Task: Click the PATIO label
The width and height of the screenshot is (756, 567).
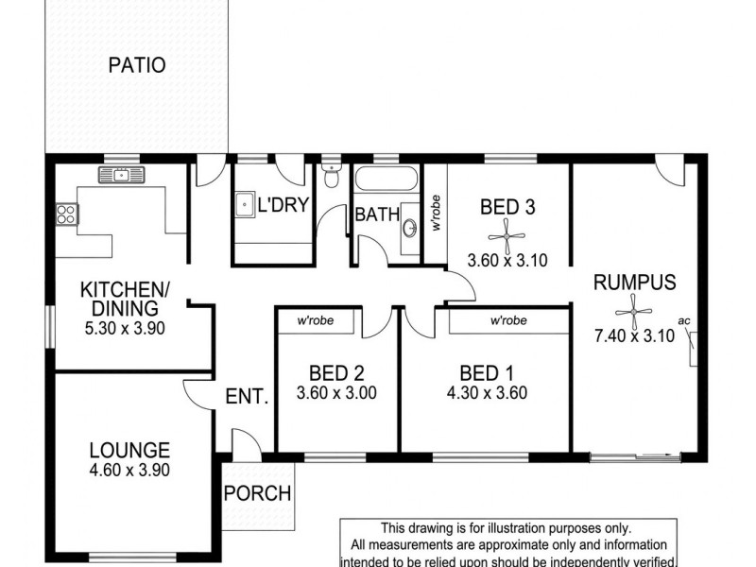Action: click(x=137, y=65)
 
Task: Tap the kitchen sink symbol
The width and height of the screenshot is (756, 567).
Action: click(x=121, y=174)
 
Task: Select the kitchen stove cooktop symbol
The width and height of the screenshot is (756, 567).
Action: click(x=66, y=215)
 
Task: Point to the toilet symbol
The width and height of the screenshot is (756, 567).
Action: click(x=330, y=176)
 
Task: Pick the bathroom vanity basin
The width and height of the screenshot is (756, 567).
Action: click(x=410, y=228)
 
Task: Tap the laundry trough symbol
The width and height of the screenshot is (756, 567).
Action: click(x=244, y=202)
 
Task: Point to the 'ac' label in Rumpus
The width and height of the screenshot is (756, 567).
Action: click(x=685, y=321)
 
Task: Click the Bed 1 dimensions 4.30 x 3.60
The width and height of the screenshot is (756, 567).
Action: click(x=486, y=393)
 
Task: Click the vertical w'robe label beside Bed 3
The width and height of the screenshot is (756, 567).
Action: click(x=436, y=214)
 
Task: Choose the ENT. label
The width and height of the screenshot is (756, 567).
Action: click(x=248, y=398)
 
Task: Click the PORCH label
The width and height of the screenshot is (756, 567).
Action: click(x=258, y=494)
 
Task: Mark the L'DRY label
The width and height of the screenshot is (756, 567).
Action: click(x=283, y=204)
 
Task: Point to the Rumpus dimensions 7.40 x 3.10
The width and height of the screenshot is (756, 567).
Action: click(x=633, y=335)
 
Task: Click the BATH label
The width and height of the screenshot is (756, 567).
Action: click(x=377, y=215)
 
